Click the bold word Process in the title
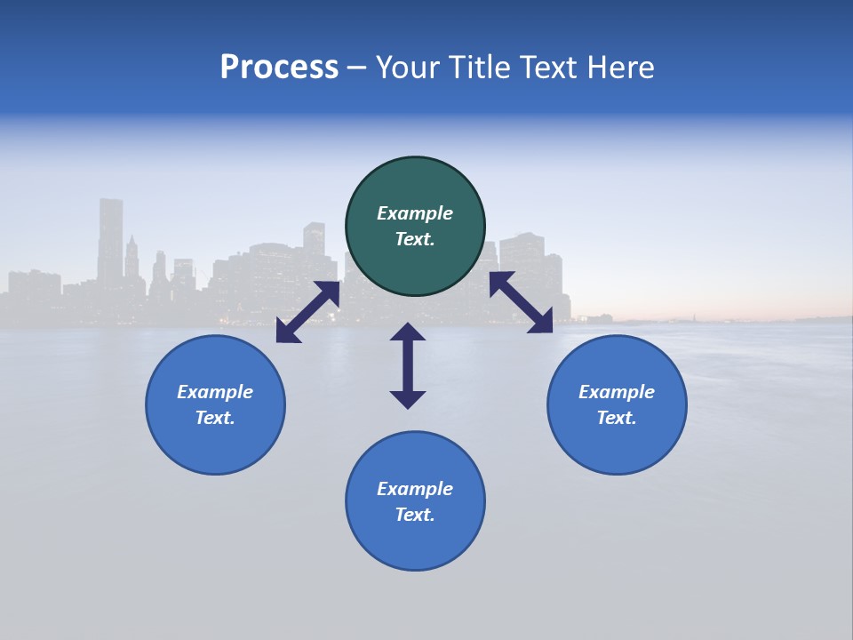[x=279, y=68]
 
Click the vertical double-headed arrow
[x=408, y=365]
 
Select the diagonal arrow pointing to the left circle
[x=307, y=311]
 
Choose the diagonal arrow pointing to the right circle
[x=521, y=302]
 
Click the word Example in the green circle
[x=415, y=213]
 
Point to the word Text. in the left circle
[x=215, y=418]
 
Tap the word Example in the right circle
[x=617, y=392]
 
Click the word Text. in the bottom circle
[x=415, y=515]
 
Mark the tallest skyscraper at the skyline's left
[x=110, y=240]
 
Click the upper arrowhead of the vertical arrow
[x=408, y=332]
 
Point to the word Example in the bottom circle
[x=415, y=489]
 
